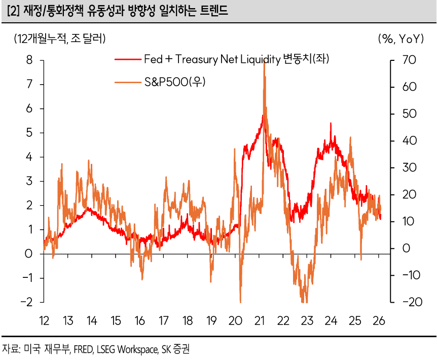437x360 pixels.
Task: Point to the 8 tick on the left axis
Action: click(x=29, y=60)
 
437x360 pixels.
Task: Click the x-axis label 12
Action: click(x=44, y=321)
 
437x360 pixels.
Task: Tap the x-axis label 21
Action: click(x=260, y=321)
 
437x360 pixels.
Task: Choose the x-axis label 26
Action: click(x=379, y=321)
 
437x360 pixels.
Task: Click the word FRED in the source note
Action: click(x=83, y=349)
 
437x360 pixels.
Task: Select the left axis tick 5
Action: click(x=29, y=133)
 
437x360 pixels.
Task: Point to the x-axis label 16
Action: click(x=139, y=321)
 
